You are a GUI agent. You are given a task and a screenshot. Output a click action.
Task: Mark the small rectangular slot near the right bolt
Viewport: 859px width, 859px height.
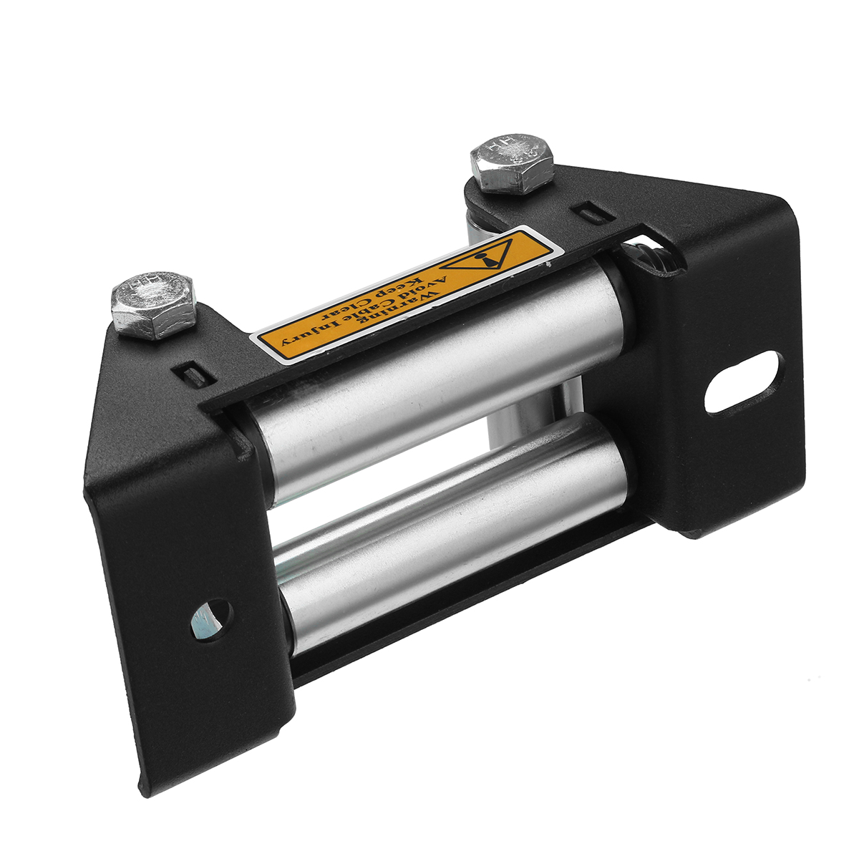coord(586,213)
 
